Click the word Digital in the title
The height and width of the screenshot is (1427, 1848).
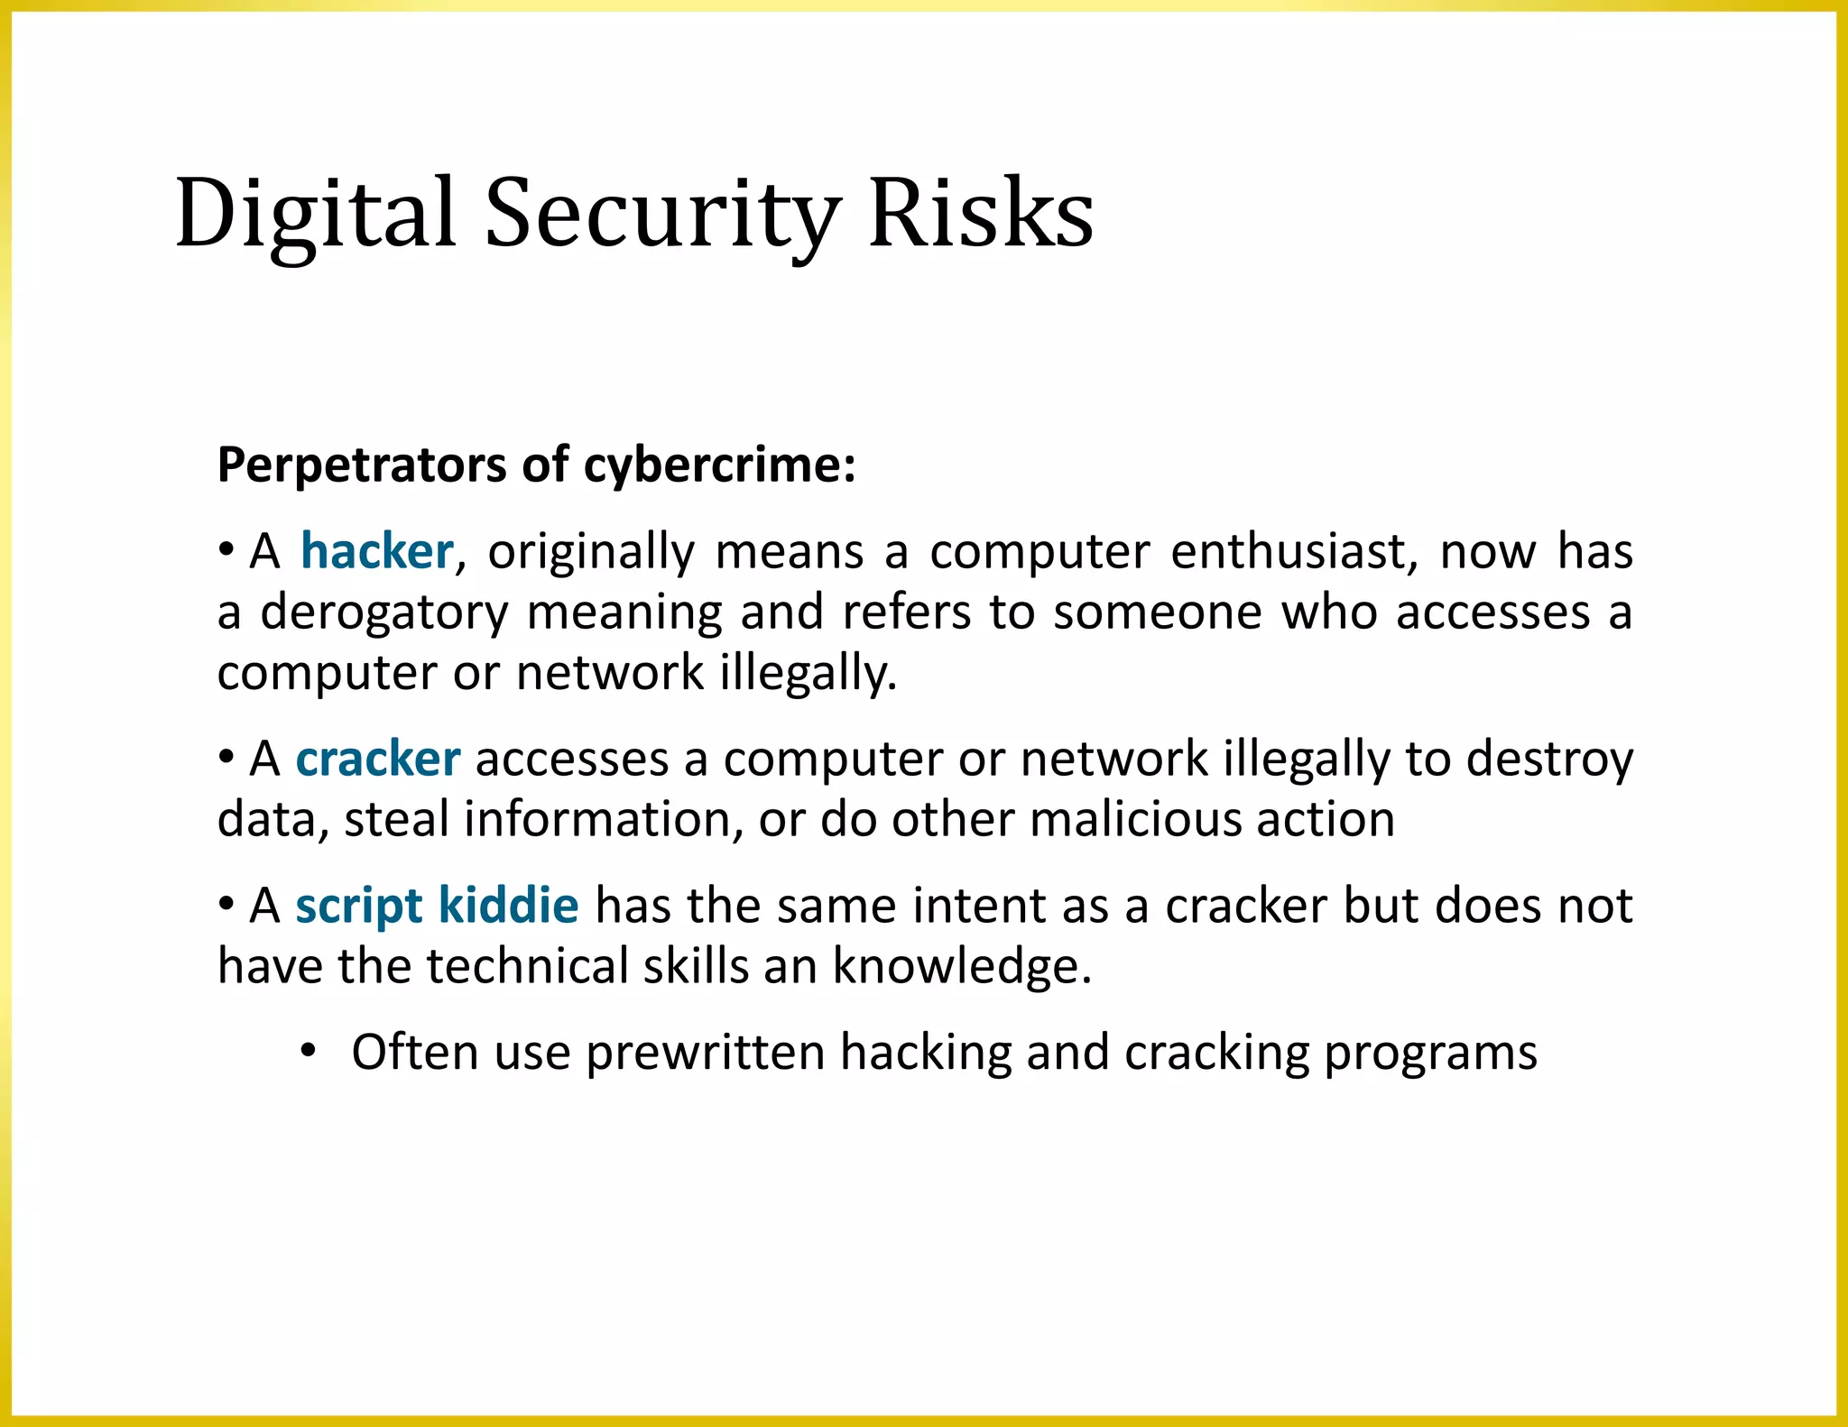tap(315, 214)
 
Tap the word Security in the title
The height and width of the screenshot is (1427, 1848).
tap(662, 214)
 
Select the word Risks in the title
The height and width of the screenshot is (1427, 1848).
tap(981, 214)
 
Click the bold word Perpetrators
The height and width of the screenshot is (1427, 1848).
tap(361, 466)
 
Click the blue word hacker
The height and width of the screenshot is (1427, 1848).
tap(376, 551)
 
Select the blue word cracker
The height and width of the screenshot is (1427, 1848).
tap(378, 759)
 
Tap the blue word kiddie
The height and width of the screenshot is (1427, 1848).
tap(508, 906)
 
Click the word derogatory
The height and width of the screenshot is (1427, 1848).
tap(385, 613)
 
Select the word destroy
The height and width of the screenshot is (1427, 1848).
tap(1549, 760)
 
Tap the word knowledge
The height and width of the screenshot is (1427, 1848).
tap(962, 967)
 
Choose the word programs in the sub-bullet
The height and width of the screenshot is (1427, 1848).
tap(1430, 1054)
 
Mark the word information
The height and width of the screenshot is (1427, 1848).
tap(604, 820)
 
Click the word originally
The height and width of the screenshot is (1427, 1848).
tap(592, 553)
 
